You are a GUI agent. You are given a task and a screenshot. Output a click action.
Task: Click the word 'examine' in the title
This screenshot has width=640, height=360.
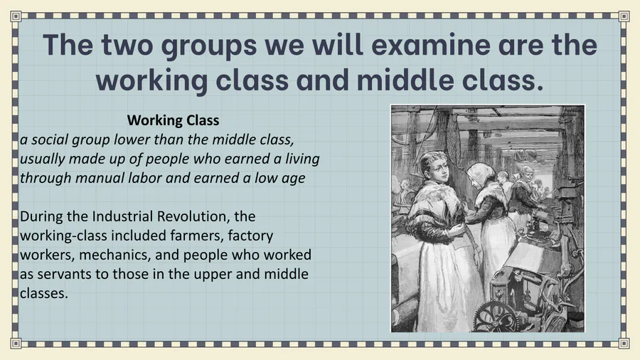(430, 45)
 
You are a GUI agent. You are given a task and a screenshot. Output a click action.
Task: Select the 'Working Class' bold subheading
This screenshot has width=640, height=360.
(173, 120)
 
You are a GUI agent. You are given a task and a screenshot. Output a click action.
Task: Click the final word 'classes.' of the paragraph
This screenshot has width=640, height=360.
(43, 293)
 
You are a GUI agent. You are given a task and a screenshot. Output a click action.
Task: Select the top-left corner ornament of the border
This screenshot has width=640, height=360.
(16, 16)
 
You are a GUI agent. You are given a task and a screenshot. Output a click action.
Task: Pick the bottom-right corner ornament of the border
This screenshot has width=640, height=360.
(624, 343)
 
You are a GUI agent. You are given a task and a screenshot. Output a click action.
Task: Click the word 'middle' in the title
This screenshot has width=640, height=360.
(405, 80)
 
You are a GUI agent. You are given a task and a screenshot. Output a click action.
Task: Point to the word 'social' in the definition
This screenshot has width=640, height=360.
(49, 139)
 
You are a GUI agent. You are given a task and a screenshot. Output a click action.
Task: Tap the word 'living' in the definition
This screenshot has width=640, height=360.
(302, 159)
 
